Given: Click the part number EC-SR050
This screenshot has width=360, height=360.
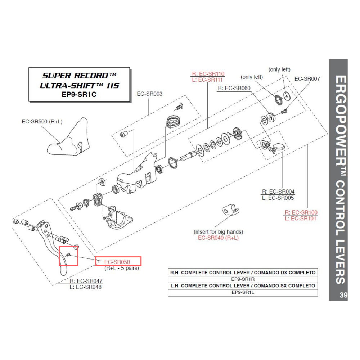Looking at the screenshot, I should pos(117,262).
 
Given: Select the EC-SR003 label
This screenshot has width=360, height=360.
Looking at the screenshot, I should pos(149,94).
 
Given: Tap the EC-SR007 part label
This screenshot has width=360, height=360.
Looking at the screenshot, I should pos(307,79).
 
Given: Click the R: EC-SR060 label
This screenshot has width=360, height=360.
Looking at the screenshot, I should pos(234,88).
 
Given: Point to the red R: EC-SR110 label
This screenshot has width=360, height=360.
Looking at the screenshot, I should pos(208,74).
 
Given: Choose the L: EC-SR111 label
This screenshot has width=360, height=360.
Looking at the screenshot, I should pos(208,80).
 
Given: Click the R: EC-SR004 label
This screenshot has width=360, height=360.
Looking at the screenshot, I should pos(278,192).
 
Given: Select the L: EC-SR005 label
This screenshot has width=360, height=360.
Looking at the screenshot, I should pos(278,198).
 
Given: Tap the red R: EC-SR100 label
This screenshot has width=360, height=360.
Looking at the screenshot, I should pos(301,212).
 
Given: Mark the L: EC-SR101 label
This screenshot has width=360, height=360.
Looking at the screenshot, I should pos(301,219).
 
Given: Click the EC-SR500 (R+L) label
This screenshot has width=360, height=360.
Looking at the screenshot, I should pos(42,122).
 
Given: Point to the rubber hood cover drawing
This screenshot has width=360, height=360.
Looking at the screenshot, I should pos(68,140).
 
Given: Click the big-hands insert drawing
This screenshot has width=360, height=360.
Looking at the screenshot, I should pos(229,210).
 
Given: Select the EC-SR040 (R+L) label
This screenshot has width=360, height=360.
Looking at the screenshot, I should pos(218,238).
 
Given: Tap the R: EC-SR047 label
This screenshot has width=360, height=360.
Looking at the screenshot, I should pos(86,281).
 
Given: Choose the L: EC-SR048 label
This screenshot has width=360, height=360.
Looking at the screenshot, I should pos(86,287).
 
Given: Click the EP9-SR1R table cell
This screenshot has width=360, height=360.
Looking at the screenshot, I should pos(243,279).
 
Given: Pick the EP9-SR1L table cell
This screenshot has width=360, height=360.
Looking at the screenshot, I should pos(243,292).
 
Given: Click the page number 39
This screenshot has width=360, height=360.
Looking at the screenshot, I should pos(343,296).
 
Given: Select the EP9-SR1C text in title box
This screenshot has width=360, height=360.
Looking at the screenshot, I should pos(79,94).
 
